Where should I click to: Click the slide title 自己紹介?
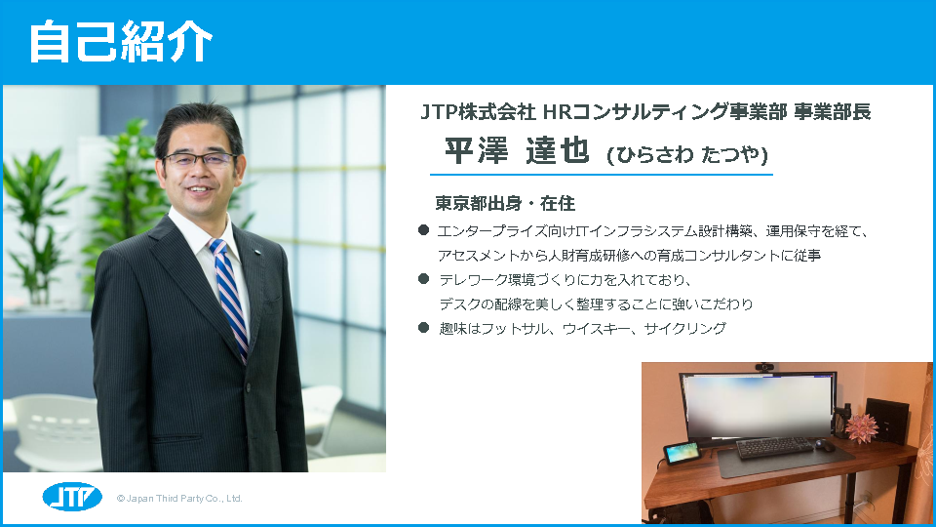(121, 41)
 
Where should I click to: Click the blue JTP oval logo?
(72, 497)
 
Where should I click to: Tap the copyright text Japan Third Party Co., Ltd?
(179, 499)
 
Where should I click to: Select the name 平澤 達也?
(517, 150)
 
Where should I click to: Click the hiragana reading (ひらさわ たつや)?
(687, 155)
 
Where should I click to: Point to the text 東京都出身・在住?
(505, 204)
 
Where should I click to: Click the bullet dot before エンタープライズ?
(424, 230)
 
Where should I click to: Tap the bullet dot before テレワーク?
(424, 278)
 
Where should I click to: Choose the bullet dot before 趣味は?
(424, 327)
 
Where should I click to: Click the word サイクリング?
(685, 328)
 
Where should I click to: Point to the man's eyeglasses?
(200, 159)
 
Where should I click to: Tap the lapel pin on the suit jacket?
(258, 254)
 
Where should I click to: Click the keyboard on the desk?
(775, 447)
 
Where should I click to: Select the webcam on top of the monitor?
(764, 367)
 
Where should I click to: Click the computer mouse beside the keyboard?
(825, 445)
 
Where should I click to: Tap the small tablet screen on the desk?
(682, 453)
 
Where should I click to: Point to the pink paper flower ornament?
(860, 426)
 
